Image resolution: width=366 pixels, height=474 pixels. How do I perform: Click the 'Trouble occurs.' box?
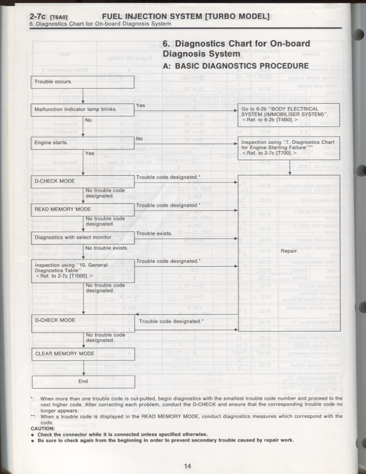(x=82, y=82)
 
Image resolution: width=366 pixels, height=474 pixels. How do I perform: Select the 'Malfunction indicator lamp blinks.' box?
(x=82, y=109)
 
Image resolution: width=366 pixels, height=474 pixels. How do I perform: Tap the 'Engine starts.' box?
(x=82, y=142)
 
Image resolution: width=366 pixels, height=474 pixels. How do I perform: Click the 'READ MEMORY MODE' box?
(x=82, y=209)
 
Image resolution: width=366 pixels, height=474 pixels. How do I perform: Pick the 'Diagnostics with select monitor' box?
(x=82, y=237)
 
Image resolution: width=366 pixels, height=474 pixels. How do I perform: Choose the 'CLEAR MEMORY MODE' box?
(x=82, y=354)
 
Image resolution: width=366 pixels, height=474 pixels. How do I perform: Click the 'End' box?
(x=83, y=382)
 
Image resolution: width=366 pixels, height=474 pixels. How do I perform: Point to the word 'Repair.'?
(x=289, y=251)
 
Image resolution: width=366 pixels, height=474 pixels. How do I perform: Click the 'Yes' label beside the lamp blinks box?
(x=140, y=105)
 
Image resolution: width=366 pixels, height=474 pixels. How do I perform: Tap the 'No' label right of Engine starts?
(x=139, y=139)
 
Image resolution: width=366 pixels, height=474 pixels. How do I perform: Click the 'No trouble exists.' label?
(x=106, y=248)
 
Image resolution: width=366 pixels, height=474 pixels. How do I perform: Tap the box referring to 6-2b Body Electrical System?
(x=288, y=114)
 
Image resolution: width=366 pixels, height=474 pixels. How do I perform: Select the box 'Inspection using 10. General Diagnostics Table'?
(x=82, y=271)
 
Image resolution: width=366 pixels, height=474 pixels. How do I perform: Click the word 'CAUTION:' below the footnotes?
(x=42, y=429)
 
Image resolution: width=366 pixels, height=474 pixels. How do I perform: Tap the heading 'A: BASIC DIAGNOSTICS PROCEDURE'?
(x=236, y=66)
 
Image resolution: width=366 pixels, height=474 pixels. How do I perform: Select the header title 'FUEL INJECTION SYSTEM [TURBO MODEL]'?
(x=186, y=17)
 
